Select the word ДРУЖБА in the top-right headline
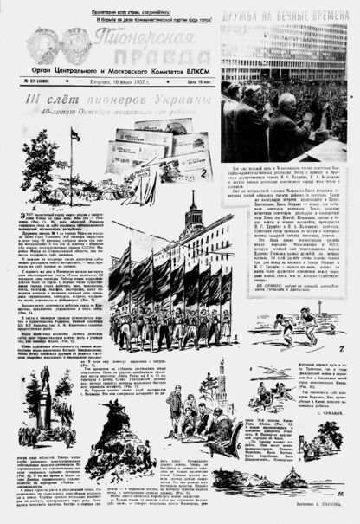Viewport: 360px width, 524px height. point(243,16)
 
